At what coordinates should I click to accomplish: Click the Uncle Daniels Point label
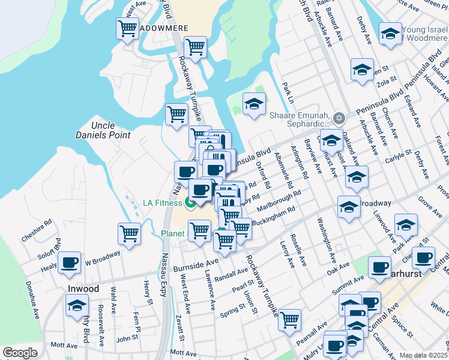(x=110, y=130)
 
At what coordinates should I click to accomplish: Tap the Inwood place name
(x=83, y=289)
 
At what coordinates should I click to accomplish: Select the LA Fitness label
(x=162, y=203)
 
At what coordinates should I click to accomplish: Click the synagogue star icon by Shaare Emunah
(x=339, y=117)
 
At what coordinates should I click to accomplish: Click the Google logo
(x=20, y=353)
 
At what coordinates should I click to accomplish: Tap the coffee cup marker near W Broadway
(x=70, y=262)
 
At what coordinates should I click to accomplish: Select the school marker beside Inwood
(x=77, y=307)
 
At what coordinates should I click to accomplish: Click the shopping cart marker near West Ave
(x=127, y=28)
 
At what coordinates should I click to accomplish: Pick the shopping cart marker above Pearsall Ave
(x=289, y=319)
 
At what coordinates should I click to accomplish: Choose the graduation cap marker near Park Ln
(x=254, y=103)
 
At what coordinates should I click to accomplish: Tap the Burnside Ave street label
(x=196, y=264)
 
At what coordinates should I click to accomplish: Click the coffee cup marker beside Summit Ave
(x=379, y=268)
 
